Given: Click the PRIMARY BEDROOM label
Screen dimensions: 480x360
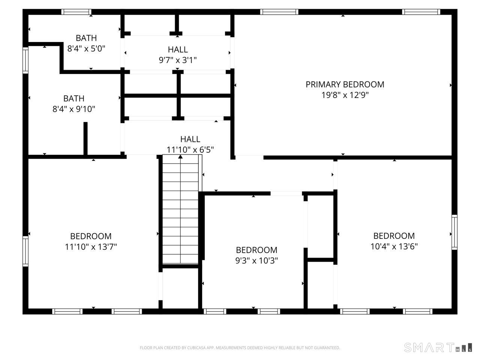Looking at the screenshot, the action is coord(345,84).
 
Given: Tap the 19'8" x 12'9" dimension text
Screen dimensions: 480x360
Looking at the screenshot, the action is coord(345,95).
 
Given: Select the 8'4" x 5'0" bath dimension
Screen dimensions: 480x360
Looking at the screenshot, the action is coord(86,48).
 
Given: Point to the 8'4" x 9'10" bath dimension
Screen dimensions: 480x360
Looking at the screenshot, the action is coord(74,109).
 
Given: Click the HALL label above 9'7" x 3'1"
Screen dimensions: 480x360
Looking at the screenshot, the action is coord(178,49).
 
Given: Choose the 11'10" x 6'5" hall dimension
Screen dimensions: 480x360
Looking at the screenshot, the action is coord(190,150).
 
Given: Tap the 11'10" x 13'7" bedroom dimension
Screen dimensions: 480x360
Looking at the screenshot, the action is coord(91,247).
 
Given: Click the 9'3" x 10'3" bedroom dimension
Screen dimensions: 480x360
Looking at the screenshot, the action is coord(256,261).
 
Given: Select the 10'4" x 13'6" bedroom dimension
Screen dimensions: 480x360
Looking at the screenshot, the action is coord(394,246).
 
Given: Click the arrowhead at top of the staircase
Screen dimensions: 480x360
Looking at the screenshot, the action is coord(180,156).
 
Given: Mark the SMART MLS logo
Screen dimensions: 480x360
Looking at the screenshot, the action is coord(438,348).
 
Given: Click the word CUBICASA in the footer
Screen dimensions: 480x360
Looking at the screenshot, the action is coord(195,348).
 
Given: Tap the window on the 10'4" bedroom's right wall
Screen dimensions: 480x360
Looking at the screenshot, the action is coord(454,232).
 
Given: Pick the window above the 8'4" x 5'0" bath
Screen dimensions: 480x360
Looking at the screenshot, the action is coord(76,12).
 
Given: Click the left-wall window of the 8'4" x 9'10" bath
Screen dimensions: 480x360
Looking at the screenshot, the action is coord(25,60).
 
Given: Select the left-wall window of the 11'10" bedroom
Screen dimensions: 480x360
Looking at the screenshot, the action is coord(25,251).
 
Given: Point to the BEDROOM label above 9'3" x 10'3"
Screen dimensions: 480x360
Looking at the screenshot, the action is coord(256,250).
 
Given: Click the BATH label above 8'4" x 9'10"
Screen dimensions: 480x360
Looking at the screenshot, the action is coord(74,99).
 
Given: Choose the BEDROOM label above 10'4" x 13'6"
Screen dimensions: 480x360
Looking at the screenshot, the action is coord(394,236).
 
